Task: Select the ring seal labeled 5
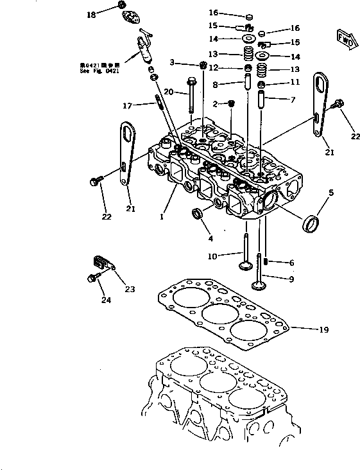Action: (313, 224)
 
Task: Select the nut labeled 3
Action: (201, 64)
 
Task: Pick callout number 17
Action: (128, 105)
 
